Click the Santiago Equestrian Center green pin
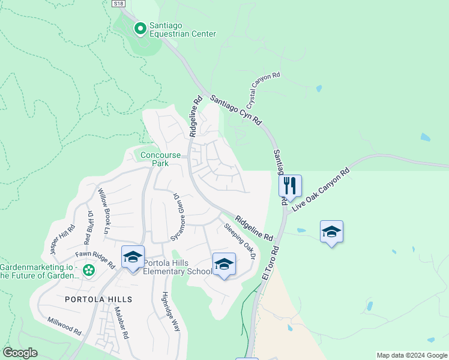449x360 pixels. pyautogui.click(x=140, y=28)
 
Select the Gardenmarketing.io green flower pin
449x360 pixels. pyautogui.click(x=89, y=271)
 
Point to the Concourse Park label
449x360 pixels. pyautogui.click(x=160, y=159)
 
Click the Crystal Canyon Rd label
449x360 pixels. pyautogui.click(x=264, y=90)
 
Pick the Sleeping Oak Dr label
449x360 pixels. pyautogui.click(x=240, y=241)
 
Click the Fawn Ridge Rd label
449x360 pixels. pyautogui.click(x=99, y=259)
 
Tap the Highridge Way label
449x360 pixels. pyautogui.click(x=171, y=311)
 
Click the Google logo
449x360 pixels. pyautogui.click(x=20, y=353)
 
